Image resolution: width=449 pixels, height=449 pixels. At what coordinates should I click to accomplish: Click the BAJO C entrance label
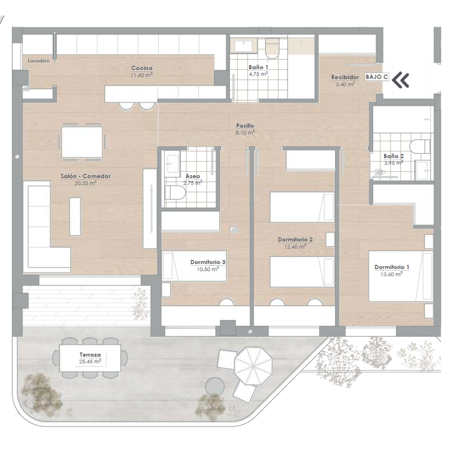coord(377,77)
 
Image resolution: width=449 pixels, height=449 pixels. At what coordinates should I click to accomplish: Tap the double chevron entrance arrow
coord(401,80)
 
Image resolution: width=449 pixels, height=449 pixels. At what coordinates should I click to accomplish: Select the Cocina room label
coord(142,68)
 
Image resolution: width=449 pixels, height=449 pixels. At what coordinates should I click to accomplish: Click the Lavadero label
coord(39,61)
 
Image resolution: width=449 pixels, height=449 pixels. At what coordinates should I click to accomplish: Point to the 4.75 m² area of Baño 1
coord(258,74)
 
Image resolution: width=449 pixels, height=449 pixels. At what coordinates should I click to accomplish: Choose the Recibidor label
coord(345,77)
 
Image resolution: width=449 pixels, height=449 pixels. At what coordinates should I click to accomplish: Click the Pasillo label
coord(245,126)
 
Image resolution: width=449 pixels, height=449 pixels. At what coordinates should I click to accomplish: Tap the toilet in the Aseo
coord(175,193)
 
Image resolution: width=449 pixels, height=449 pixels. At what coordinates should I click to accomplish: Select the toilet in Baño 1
coord(272,48)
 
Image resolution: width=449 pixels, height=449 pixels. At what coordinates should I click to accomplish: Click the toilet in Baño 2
coord(420,147)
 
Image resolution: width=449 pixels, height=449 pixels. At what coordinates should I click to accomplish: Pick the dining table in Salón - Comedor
coord(82,142)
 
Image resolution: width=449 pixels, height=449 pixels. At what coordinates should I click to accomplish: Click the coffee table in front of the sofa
coord(75,216)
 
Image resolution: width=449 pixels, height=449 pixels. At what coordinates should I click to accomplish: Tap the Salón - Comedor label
coord(86,176)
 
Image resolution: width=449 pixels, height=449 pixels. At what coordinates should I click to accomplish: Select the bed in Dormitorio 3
coord(194,266)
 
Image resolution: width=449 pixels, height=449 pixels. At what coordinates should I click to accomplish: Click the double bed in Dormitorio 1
coord(401,276)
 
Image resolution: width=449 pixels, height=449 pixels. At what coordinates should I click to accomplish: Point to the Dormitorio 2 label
coord(295,240)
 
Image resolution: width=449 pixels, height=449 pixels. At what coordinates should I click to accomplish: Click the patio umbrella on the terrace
coord(253,365)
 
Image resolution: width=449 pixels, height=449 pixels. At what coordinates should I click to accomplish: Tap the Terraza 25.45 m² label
coord(90,358)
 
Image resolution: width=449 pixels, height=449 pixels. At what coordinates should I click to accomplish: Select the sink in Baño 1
coord(244,46)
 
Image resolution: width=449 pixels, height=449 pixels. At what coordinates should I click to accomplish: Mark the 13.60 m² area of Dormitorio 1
coord(392,274)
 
